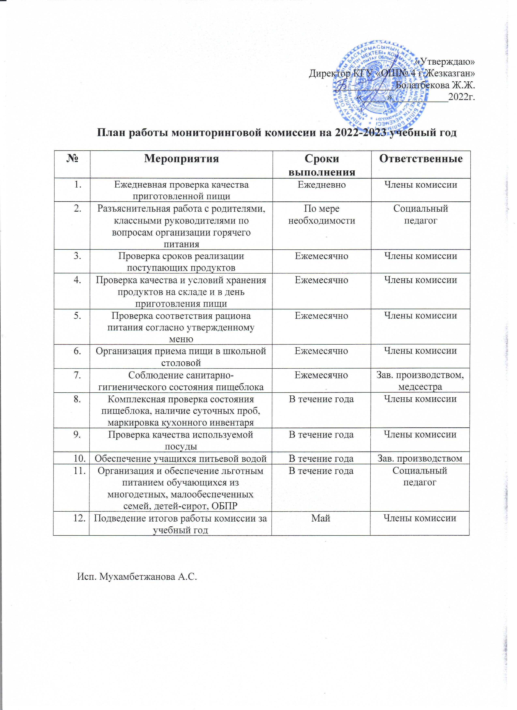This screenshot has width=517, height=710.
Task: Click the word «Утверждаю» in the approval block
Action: pos(445,62)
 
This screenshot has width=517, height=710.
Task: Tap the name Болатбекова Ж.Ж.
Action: pos(435,85)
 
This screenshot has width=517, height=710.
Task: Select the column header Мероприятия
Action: pos(181,159)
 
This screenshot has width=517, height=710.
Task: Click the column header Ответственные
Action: pos(421,159)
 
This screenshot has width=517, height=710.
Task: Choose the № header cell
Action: pos(72,159)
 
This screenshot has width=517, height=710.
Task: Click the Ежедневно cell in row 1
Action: pos(322,185)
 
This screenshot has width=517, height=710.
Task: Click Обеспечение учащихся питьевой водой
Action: pos(181,458)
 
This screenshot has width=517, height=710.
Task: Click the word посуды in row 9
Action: pos(181,446)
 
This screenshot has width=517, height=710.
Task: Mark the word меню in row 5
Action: pos(181,339)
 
